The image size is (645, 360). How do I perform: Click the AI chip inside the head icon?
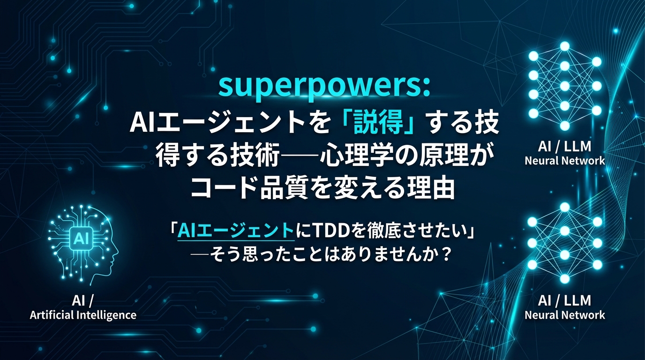coord(78,239)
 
